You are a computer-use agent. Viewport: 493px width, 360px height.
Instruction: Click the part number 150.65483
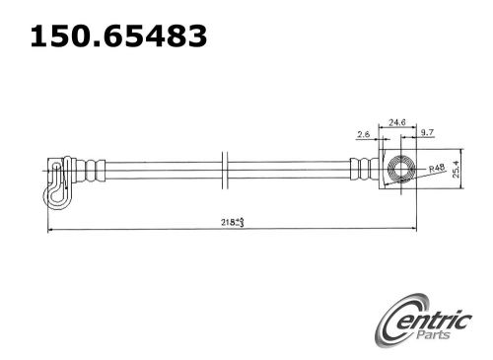click(118, 37)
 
